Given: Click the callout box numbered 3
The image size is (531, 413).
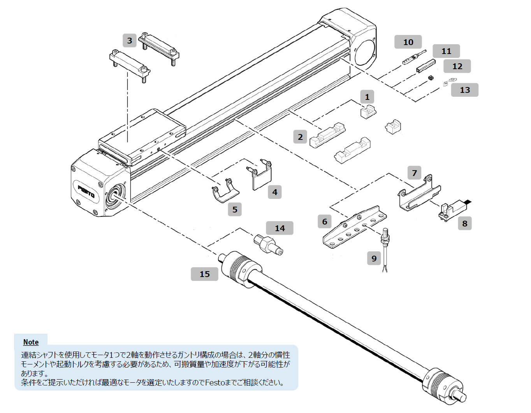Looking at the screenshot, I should (130, 41).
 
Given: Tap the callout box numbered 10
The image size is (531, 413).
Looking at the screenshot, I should (408, 42).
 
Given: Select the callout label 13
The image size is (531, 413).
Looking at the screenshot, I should (464, 90).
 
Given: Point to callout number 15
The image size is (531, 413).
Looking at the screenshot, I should (204, 274).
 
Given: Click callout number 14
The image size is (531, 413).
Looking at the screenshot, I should (280, 228).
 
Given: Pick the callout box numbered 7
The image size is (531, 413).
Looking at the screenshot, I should (414, 173).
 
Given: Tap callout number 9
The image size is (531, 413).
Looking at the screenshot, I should (374, 258).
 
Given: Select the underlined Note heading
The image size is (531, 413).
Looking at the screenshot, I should (31, 342).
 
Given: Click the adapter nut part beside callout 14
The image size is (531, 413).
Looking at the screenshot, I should (268, 244).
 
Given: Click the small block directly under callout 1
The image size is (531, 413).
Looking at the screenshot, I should (368, 112).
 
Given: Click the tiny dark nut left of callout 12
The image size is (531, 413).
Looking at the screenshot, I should (431, 78).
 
